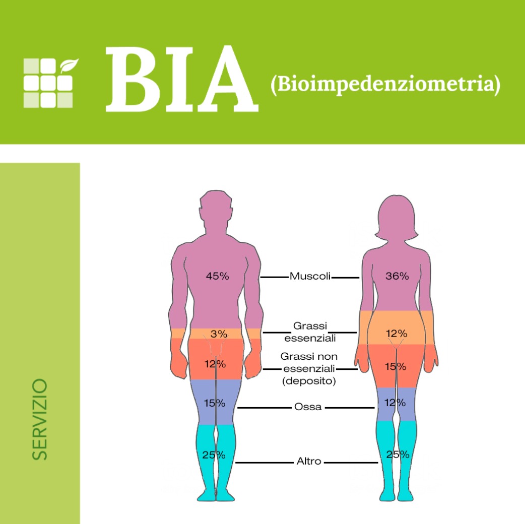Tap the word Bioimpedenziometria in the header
click(385, 85)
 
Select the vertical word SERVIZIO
click(40, 419)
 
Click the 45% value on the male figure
click(218, 276)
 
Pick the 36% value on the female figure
click(397, 276)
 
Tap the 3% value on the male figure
click(219, 334)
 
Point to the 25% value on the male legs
click(214, 455)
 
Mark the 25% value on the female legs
click(397, 455)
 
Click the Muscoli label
click(309, 277)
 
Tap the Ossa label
click(308, 407)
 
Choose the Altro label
click(309, 462)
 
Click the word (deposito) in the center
click(309, 381)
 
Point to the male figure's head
click(216, 212)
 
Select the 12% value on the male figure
click(215, 364)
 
